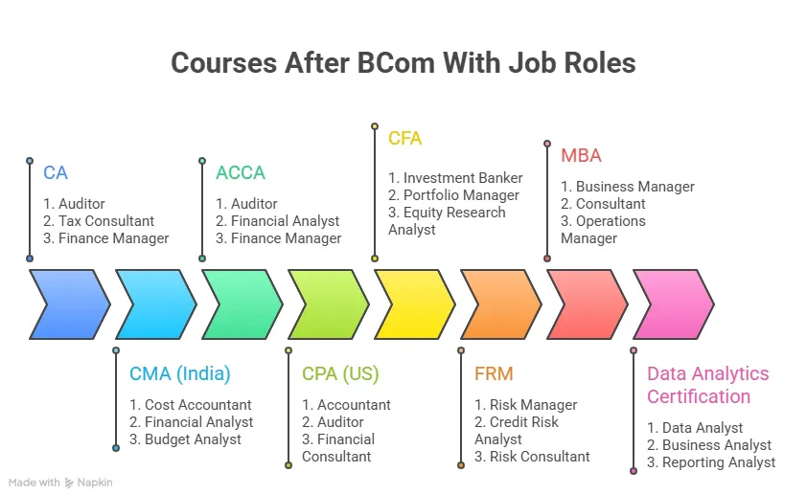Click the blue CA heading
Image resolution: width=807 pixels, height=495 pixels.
coord(56,173)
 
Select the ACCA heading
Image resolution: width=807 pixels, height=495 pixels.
coord(240,173)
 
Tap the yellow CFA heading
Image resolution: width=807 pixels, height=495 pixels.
coord(404,138)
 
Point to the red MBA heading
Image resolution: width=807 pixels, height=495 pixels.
coord(582,155)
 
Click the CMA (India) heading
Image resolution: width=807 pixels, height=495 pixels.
coord(179,373)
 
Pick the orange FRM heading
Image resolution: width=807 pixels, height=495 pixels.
coord(495,373)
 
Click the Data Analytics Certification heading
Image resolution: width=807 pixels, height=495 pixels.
coord(707,385)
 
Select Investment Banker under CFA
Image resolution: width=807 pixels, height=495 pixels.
coord(455,178)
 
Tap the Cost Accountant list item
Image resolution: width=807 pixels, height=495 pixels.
coord(191,405)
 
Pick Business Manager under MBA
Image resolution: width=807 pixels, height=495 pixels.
coord(628,187)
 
